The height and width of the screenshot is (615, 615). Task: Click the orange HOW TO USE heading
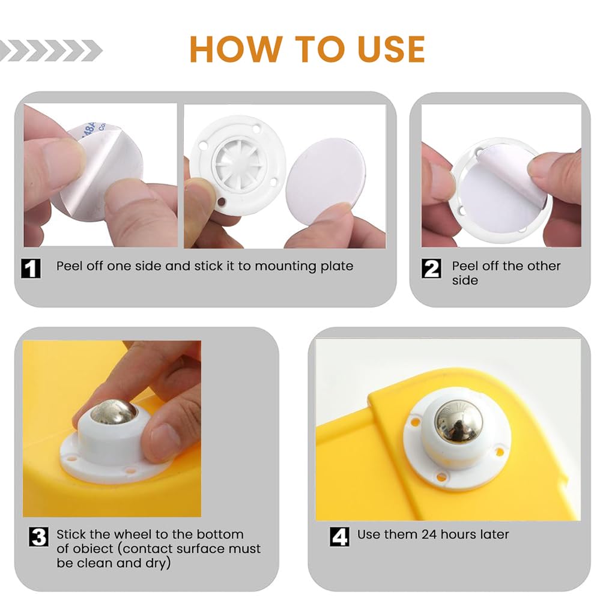(x=307, y=49)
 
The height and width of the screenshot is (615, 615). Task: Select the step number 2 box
(x=431, y=268)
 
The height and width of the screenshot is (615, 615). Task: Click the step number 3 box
(x=39, y=536)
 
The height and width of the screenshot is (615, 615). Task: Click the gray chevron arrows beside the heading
(x=51, y=50)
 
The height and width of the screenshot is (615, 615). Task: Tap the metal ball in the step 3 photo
(x=113, y=412)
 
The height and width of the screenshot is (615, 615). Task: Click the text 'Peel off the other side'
(x=506, y=273)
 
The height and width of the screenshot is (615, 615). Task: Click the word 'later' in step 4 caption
(x=493, y=534)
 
